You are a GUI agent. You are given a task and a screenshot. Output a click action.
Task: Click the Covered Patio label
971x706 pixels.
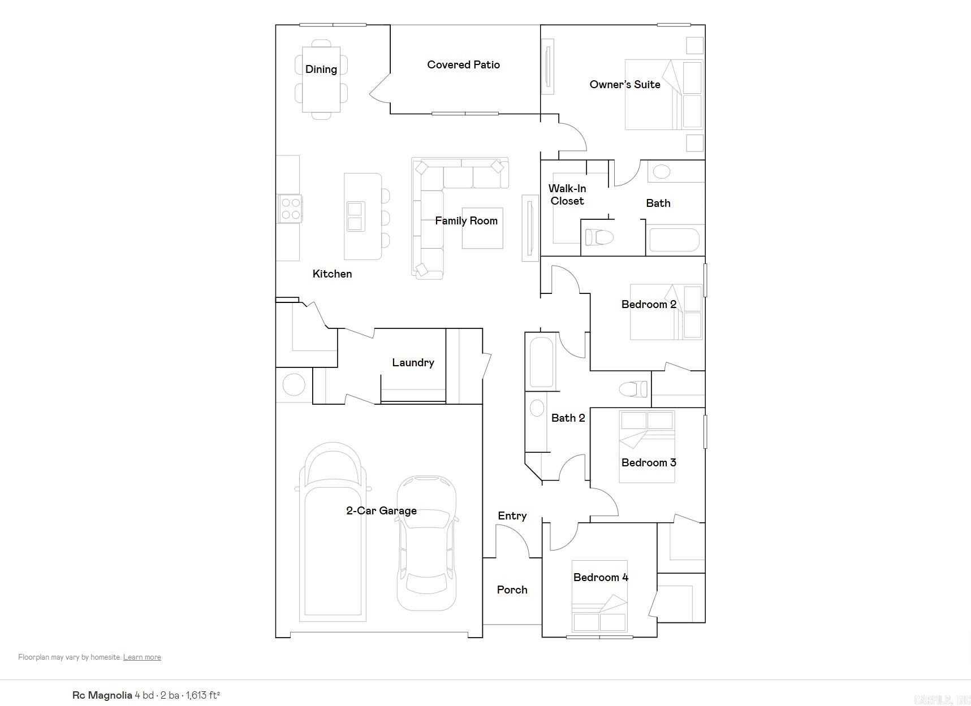[x=463, y=65]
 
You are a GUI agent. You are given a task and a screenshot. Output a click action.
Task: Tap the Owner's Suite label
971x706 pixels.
[x=624, y=85]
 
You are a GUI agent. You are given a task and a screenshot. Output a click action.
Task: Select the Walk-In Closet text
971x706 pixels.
[x=567, y=194]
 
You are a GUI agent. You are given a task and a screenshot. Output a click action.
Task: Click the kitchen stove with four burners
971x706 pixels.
[x=290, y=208]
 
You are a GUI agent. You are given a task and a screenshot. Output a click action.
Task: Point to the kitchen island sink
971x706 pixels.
[x=355, y=216]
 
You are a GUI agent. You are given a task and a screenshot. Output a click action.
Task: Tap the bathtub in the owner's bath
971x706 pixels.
[x=674, y=240]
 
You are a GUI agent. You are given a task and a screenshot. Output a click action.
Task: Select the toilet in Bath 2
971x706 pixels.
[x=633, y=389]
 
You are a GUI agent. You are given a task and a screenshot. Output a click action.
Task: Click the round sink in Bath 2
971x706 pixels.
[x=537, y=408]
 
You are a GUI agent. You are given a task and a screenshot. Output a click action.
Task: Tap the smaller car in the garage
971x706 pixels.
[x=427, y=543]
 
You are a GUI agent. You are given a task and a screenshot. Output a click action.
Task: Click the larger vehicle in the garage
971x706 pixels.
[x=333, y=531]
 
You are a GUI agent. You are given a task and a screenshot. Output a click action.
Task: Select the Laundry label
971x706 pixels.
[x=413, y=363]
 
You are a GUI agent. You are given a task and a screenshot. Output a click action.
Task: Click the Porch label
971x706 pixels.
[x=512, y=590]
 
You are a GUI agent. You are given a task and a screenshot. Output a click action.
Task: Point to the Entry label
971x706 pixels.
[x=512, y=516]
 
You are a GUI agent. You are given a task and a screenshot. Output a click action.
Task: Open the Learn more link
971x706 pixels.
[x=142, y=657]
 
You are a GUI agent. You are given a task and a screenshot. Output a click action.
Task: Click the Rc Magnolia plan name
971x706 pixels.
[x=102, y=695]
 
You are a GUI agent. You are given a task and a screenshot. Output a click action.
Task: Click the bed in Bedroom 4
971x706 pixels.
[x=599, y=596]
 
